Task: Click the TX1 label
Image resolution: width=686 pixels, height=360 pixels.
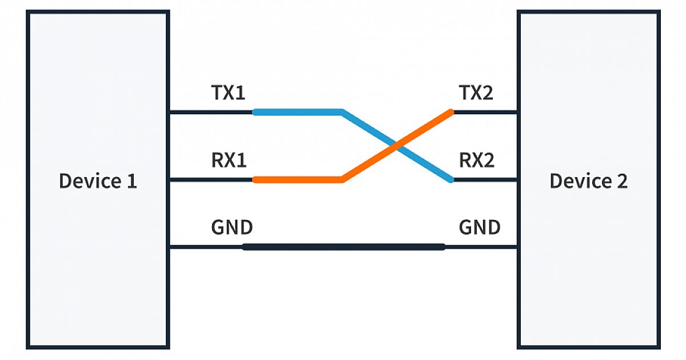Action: tap(229, 93)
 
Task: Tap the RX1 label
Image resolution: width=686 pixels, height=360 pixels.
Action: tap(229, 161)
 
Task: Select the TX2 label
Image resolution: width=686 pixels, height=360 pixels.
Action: tap(476, 93)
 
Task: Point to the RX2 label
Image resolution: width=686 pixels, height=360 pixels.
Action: tap(476, 161)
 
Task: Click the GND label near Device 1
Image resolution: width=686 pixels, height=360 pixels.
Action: tap(232, 227)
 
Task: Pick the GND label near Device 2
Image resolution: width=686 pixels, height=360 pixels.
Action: tap(479, 227)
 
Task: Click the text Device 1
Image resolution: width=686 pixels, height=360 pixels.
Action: tap(98, 182)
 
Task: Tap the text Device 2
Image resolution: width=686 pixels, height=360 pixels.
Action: tap(588, 182)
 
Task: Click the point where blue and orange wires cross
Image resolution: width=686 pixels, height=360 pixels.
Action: tap(397, 146)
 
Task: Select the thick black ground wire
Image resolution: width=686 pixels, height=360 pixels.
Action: tap(343, 247)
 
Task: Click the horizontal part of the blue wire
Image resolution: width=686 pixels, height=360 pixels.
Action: tap(297, 112)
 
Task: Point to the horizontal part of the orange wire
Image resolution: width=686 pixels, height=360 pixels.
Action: tap(297, 179)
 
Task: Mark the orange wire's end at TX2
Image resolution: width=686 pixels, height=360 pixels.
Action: tap(450, 113)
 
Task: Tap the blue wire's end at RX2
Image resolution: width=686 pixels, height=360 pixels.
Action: tap(450, 179)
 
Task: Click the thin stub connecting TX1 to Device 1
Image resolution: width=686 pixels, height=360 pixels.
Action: tap(210, 112)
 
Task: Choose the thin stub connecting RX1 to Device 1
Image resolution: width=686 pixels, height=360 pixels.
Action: tap(210, 179)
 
